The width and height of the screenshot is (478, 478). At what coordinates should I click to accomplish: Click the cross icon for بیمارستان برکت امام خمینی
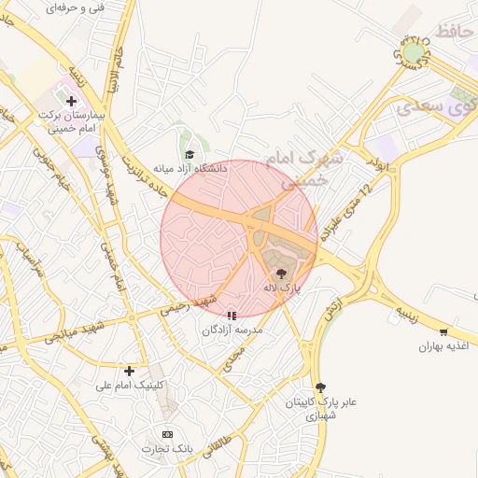click(71, 100)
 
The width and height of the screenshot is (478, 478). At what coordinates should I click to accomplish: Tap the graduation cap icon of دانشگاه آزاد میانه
click(190, 155)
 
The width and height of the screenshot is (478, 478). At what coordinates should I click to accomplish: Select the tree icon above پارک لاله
click(281, 274)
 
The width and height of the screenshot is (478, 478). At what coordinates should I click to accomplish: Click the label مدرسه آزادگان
click(232, 330)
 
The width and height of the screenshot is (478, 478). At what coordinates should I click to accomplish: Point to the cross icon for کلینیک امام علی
click(129, 371)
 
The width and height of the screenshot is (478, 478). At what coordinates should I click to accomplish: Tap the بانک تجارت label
click(167, 449)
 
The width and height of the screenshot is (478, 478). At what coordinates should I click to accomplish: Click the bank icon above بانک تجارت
click(167, 434)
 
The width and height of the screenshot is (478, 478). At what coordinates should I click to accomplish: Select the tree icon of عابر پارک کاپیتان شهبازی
click(321, 387)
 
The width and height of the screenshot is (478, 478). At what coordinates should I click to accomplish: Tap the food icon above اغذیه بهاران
click(443, 331)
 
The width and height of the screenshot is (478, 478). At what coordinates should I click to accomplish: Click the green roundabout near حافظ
click(413, 51)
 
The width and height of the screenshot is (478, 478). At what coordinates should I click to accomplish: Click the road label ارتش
click(335, 311)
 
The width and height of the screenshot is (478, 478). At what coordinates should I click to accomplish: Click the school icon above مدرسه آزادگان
click(232, 316)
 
